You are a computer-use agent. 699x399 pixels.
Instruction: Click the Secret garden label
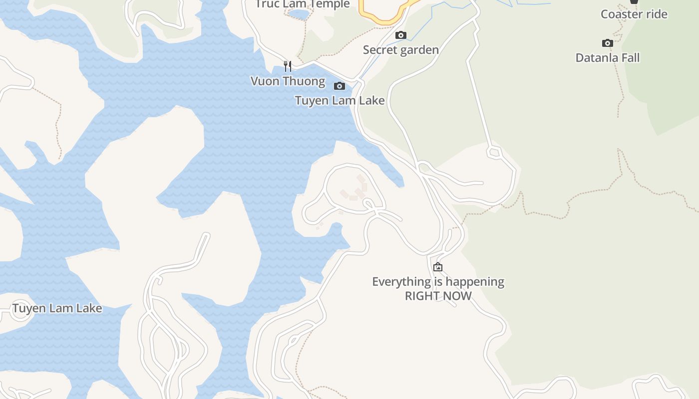point(401,50)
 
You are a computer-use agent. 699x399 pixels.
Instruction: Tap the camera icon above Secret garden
point(400,35)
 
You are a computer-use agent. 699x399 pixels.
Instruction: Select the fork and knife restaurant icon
point(288,66)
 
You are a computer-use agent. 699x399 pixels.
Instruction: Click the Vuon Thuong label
point(288,81)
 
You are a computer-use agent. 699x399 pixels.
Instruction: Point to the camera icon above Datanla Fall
point(607,43)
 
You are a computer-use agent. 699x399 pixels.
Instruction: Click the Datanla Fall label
point(607,58)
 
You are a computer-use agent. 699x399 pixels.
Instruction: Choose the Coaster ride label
point(634,14)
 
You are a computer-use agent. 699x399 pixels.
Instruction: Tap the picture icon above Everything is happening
point(438,267)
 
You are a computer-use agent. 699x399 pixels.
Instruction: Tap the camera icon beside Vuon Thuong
point(339,86)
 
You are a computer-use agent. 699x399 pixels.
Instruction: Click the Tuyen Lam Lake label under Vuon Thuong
point(340,101)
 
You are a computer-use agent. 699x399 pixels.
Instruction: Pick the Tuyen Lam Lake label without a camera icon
point(57,308)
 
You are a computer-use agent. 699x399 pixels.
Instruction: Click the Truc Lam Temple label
point(303,4)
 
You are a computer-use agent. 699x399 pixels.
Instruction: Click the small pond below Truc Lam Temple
point(299,14)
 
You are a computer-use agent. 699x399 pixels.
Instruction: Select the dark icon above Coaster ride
point(634,1)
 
